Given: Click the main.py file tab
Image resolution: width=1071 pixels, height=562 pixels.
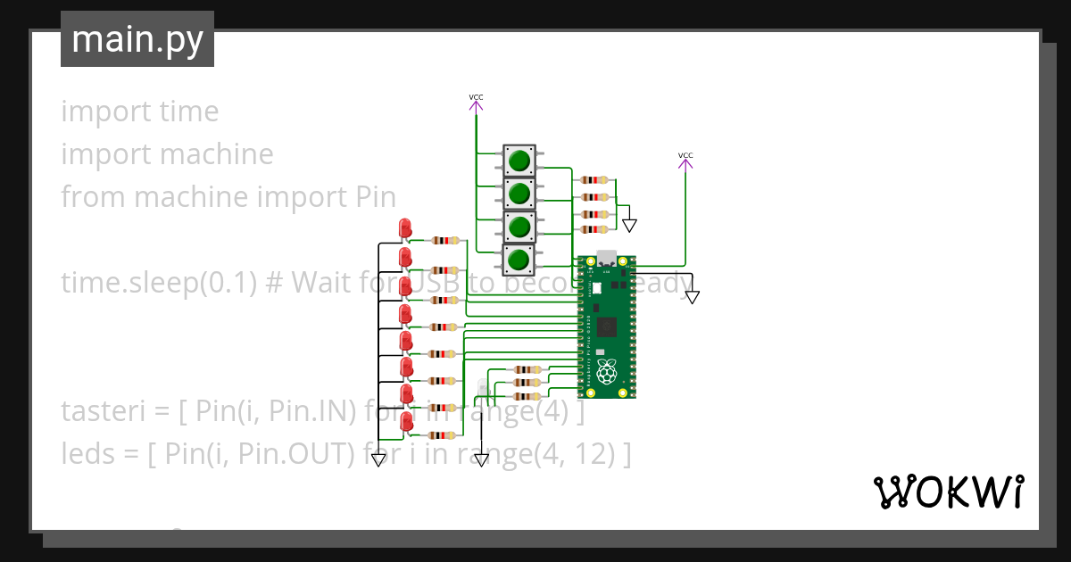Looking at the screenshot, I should point(137,40).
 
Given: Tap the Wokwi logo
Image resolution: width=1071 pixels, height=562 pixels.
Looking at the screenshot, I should point(947,492).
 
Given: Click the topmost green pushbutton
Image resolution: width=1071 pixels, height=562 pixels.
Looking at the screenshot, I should point(519,161).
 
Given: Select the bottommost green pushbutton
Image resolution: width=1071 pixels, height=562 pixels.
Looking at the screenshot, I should point(519,260).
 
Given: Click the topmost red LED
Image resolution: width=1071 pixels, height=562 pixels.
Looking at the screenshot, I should point(405,228).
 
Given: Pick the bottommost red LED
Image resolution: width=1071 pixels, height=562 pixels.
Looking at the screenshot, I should point(406,422).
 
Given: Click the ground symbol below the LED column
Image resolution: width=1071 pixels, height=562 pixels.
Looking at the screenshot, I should point(378,459).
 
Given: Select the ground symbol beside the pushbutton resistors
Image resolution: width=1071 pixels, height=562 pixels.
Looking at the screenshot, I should point(630,225).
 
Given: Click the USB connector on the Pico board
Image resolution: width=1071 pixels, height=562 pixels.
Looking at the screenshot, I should point(607,258).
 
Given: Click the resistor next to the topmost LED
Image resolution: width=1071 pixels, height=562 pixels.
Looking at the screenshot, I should point(444,240).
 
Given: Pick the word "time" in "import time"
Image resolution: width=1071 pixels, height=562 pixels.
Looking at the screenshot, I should point(188,112).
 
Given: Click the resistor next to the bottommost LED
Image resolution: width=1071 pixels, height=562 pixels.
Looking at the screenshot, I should point(444,435).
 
